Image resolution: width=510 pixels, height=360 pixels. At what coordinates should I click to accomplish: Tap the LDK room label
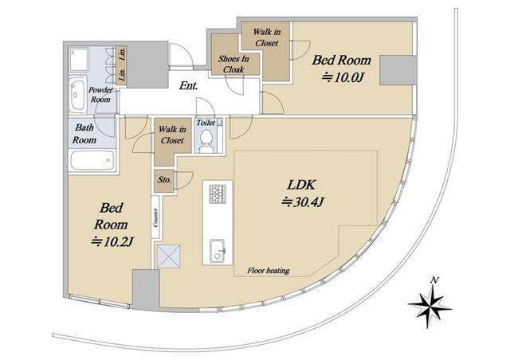coord(301,185)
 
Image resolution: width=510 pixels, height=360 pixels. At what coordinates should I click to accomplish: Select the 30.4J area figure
coord(303,202)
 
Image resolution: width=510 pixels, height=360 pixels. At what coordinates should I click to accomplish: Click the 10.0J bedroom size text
coord(342,78)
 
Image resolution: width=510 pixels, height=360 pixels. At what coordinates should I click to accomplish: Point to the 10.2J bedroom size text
coord(112,242)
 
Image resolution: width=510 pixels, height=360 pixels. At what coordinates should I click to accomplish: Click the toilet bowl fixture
coord(206,140)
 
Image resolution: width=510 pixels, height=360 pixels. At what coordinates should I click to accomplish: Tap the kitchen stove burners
coord(218,194)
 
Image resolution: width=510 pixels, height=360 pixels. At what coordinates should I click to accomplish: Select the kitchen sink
coord(218,251)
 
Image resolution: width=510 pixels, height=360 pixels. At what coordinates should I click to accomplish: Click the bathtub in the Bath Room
coord(92,160)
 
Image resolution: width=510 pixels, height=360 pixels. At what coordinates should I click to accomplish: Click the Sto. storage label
coord(165,179)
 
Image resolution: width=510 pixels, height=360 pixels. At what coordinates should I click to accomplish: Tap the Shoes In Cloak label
coord(233,64)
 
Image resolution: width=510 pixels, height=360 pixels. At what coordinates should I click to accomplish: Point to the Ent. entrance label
coord(188,86)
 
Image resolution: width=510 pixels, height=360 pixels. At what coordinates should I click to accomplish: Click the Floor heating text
coord(269,270)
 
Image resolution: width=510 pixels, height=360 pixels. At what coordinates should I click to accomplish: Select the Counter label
coord(156,217)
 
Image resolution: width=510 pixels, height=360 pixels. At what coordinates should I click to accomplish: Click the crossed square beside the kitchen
coord(168,256)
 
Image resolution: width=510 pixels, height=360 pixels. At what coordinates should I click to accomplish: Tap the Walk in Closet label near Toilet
coord(172,135)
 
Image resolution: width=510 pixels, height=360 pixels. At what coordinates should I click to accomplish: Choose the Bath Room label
coord(84,134)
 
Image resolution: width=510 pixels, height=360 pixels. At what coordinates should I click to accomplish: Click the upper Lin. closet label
coord(122,53)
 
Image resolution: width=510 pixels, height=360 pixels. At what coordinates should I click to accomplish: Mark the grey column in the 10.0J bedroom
coord(398,71)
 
